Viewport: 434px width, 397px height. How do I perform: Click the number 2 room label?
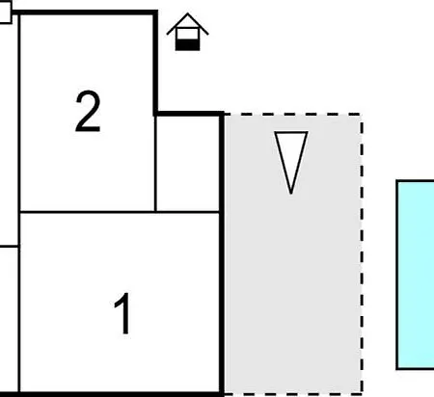click(x=88, y=111)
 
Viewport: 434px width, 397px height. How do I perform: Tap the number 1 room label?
click(x=123, y=314)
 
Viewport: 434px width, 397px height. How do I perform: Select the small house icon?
click(x=187, y=32)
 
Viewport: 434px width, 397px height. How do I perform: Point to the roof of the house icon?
click(x=187, y=24)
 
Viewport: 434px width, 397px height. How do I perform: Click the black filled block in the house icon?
click(x=187, y=45)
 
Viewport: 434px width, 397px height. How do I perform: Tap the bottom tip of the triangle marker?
click(x=291, y=194)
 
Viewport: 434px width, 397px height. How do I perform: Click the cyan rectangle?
click(x=416, y=275)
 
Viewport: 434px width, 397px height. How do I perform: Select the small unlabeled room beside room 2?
click(x=187, y=164)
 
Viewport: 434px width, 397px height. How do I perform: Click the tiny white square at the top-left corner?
click(x=6, y=12)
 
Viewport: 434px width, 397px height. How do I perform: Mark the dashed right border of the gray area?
click(x=362, y=253)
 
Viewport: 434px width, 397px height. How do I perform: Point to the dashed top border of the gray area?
click(x=293, y=115)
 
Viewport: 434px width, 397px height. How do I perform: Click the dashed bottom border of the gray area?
click(x=293, y=392)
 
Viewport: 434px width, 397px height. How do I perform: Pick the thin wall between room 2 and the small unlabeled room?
click(x=155, y=164)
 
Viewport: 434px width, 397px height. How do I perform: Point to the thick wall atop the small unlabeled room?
click(x=189, y=114)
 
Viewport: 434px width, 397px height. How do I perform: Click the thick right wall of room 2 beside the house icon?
click(x=155, y=63)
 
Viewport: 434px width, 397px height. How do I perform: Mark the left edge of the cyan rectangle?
click(x=397, y=275)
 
